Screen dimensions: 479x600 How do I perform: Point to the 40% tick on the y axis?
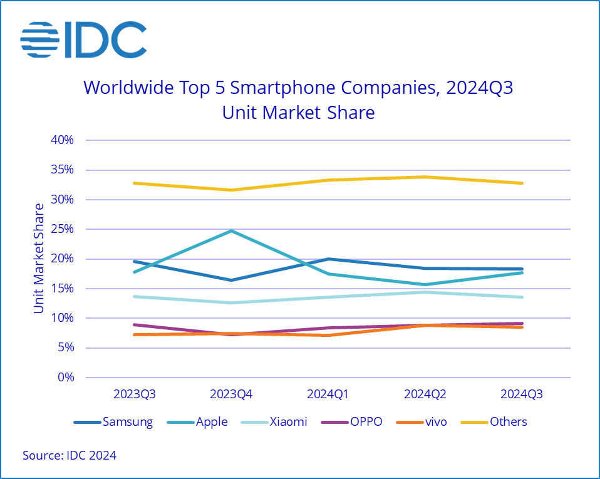(x=63, y=140)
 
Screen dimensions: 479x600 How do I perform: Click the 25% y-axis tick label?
(x=63, y=229)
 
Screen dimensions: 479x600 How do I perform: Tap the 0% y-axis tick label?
(x=66, y=378)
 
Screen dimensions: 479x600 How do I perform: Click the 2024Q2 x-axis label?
(x=425, y=395)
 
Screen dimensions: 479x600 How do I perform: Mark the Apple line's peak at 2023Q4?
(x=232, y=230)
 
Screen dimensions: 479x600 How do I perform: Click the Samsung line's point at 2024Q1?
(x=329, y=259)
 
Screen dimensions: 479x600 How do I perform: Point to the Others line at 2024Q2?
(x=425, y=177)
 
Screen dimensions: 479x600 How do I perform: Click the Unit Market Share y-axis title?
(x=39, y=259)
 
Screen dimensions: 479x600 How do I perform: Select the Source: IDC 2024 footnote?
(x=70, y=456)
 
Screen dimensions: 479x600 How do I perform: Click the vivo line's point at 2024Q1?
(x=329, y=335)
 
